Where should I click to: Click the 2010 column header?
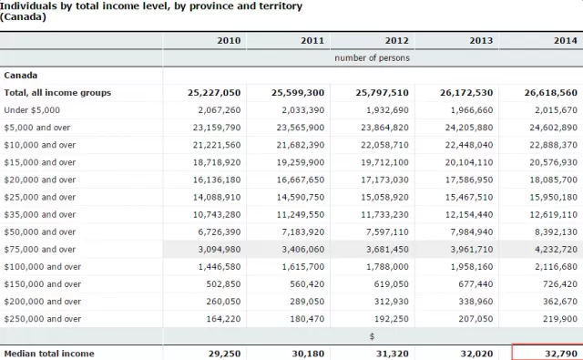229,40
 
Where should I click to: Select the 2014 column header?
566,40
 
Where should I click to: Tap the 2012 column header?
397,40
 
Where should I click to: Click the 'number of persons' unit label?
372,58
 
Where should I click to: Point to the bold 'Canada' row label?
21,76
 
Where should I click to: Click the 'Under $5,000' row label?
32,110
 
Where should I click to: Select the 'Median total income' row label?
49,354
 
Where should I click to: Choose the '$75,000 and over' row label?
40,250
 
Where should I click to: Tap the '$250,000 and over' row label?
43,319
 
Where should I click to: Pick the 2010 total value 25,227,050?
214,93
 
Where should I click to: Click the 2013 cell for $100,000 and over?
472,267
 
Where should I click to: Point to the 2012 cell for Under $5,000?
387,110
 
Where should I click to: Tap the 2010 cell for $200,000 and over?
223,302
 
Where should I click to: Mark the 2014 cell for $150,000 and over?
560,284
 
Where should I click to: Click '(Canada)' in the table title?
23,16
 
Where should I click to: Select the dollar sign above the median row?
372,336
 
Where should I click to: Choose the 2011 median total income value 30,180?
308,354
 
